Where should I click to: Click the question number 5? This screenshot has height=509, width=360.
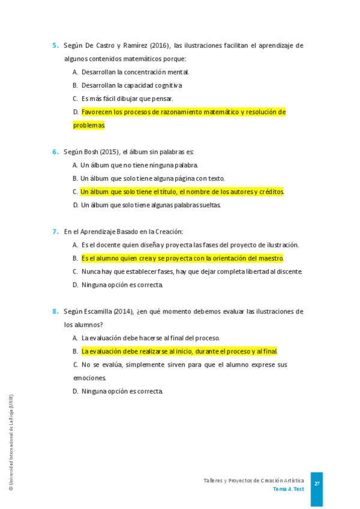click(x=55, y=46)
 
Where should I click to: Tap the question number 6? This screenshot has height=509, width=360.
click(x=55, y=152)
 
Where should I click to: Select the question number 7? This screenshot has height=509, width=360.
click(x=55, y=232)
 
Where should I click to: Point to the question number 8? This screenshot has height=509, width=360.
click(x=55, y=312)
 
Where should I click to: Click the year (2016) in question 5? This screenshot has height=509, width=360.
click(x=159, y=46)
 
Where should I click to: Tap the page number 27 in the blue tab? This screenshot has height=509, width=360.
click(x=317, y=484)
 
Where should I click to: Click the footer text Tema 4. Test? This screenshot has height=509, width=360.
click(x=288, y=489)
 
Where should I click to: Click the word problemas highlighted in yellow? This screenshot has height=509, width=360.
click(x=89, y=125)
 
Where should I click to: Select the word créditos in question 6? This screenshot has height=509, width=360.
click(x=271, y=192)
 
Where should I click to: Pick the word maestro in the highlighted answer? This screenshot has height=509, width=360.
click(x=269, y=259)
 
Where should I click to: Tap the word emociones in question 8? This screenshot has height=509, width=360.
click(x=89, y=378)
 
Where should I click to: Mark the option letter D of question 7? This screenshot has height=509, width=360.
click(x=76, y=285)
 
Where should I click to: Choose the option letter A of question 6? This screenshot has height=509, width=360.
click(x=75, y=165)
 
